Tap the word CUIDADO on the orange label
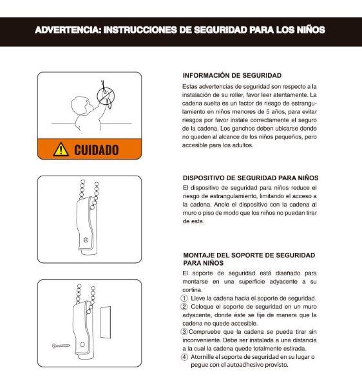pyautogui.click(x=96, y=150)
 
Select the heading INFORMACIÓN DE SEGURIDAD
pyautogui.click(x=232, y=75)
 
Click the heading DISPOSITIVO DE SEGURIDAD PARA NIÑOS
pyautogui.click(x=251, y=178)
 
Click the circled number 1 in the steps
pyautogui.click(x=185, y=299)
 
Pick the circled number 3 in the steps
pyautogui.click(x=185, y=331)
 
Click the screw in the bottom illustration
pyautogui.click(x=61, y=345)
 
